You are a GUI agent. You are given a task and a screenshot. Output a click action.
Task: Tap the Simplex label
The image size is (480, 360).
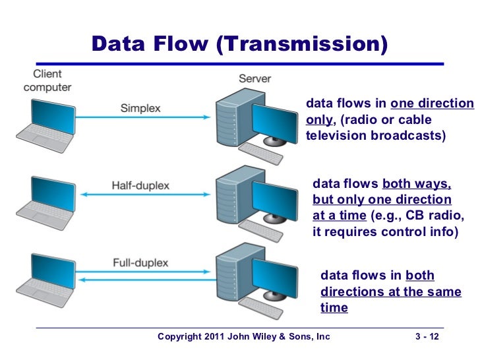tap(140, 107)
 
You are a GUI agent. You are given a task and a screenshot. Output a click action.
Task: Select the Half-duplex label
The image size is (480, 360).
tap(140, 185)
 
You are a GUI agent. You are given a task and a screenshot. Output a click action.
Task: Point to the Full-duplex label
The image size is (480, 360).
tap(140, 262)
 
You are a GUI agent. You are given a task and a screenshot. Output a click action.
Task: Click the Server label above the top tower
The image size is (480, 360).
tap(255, 78)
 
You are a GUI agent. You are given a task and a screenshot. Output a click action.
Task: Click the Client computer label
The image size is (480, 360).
tap(47, 80)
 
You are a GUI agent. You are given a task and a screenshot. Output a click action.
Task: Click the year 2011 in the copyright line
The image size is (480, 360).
tap(211, 338)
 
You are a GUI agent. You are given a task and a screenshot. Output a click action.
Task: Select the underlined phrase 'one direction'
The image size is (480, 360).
tap(432, 104)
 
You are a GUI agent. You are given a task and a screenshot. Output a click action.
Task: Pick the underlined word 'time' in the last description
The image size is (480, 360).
tap(334, 308)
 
